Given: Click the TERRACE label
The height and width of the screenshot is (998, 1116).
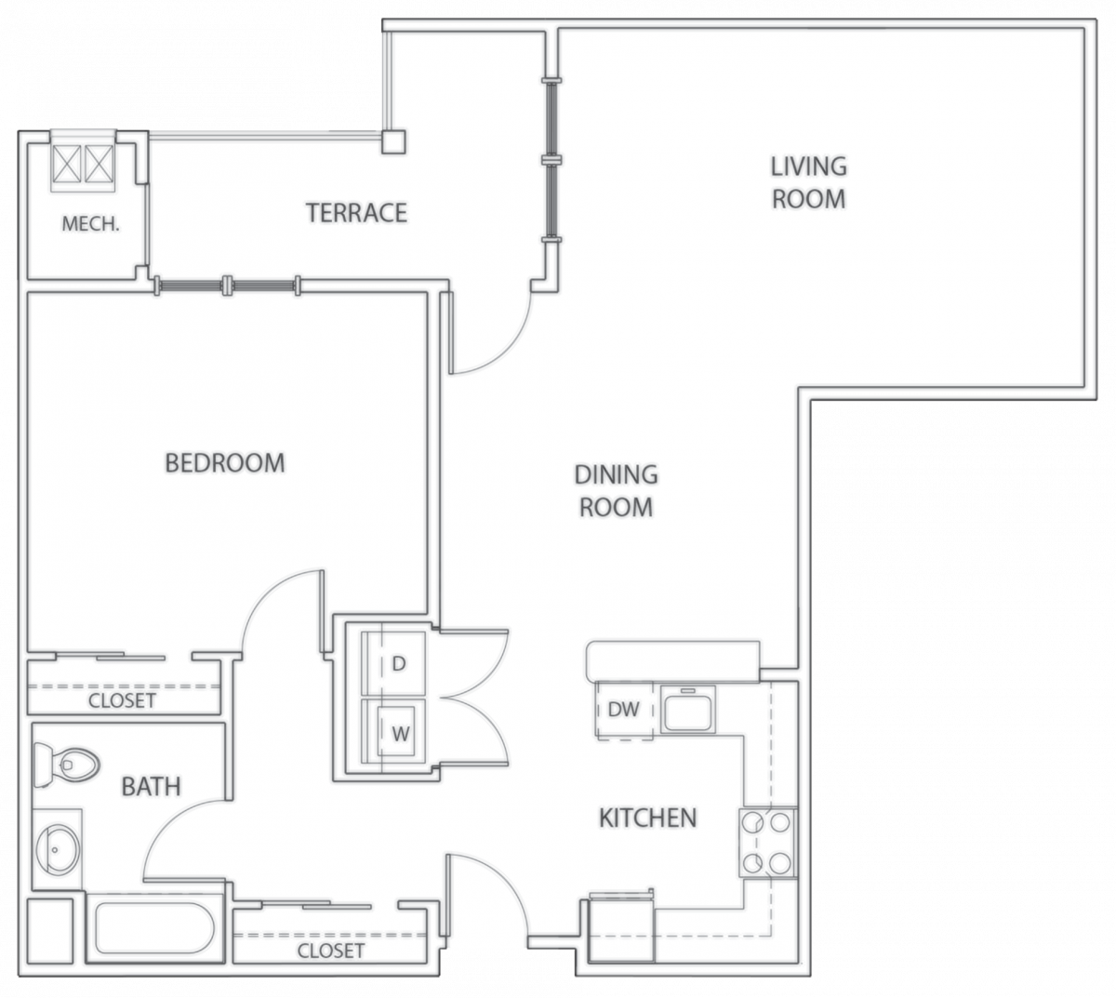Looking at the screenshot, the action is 356,213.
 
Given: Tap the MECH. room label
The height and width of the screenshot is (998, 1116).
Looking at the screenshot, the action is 90,224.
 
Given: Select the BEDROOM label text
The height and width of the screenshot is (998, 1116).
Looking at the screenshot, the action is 225,463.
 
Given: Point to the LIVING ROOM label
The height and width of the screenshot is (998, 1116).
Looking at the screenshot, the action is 808,182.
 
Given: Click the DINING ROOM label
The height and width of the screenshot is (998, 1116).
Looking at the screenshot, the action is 616,490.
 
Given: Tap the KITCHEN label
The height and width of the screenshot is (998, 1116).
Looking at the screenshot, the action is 648,818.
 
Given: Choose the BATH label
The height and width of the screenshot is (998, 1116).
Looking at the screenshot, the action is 151,786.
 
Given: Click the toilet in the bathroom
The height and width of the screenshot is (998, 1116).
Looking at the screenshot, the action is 66,765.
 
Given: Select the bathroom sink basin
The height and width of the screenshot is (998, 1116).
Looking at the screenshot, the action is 59,849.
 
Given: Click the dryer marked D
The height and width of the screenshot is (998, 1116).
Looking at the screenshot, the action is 393,663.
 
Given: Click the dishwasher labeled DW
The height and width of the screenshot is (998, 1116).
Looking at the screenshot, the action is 624,710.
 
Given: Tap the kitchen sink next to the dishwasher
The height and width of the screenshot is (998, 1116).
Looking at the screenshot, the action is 688,711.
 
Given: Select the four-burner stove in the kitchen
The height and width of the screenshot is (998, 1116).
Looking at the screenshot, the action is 767,843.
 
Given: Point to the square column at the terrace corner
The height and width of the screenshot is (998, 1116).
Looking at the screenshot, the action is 393,141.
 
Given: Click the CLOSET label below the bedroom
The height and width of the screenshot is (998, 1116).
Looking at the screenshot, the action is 122,701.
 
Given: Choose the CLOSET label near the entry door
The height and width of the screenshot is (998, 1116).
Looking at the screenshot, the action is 330,951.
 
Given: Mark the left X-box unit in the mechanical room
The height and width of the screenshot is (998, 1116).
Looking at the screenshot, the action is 67,164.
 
